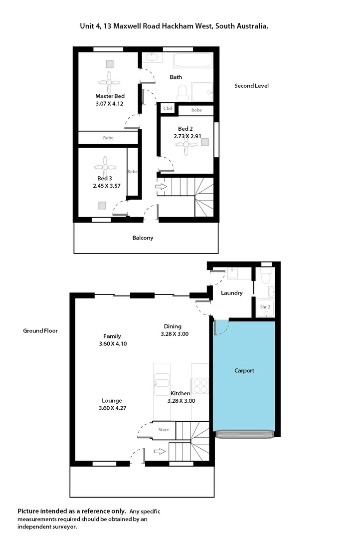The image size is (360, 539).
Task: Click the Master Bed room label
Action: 110,96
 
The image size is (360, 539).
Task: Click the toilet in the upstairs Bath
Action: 182,92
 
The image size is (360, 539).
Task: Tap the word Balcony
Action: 143,238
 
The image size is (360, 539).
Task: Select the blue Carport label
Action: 244,371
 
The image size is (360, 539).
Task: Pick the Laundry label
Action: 231,293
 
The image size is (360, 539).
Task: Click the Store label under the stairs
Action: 164,430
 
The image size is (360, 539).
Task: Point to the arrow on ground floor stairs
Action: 160,452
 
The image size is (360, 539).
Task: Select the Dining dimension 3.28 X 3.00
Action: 175,334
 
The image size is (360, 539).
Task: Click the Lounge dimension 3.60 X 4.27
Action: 112,408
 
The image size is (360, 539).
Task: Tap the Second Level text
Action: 251,86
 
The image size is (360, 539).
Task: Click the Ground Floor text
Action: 40,331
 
